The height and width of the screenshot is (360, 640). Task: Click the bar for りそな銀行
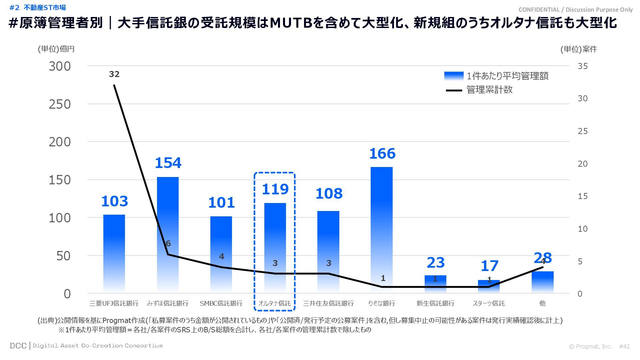(x=382, y=230)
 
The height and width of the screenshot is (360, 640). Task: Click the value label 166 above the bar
(x=382, y=154)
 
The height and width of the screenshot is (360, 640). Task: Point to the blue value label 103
(x=114, y=201)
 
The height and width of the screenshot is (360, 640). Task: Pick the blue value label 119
(x=275, y=189)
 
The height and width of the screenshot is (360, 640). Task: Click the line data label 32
(x=114, y=74)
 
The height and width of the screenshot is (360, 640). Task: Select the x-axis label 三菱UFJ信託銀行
(x=114, y=303)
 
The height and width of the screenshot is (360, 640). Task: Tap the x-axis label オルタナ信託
(x=275, y=303)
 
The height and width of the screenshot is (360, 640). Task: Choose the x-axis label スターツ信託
(x=489, y=303)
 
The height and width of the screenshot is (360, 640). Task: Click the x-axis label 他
(x=542, y=303)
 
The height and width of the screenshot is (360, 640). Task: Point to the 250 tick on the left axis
(x=60, y=104)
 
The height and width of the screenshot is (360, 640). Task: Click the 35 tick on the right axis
(x=583, y=66)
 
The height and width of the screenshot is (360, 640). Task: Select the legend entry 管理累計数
(x=489, y=90)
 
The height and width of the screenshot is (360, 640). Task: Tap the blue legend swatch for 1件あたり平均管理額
(x=454, y=76)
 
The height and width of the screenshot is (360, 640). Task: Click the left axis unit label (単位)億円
(x=56, y=49)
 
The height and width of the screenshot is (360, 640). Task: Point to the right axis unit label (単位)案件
(x=579, y=49)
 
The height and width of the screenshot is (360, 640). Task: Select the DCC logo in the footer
(x=18, y=346)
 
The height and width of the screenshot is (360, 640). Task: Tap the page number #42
(x=624, y=346)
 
